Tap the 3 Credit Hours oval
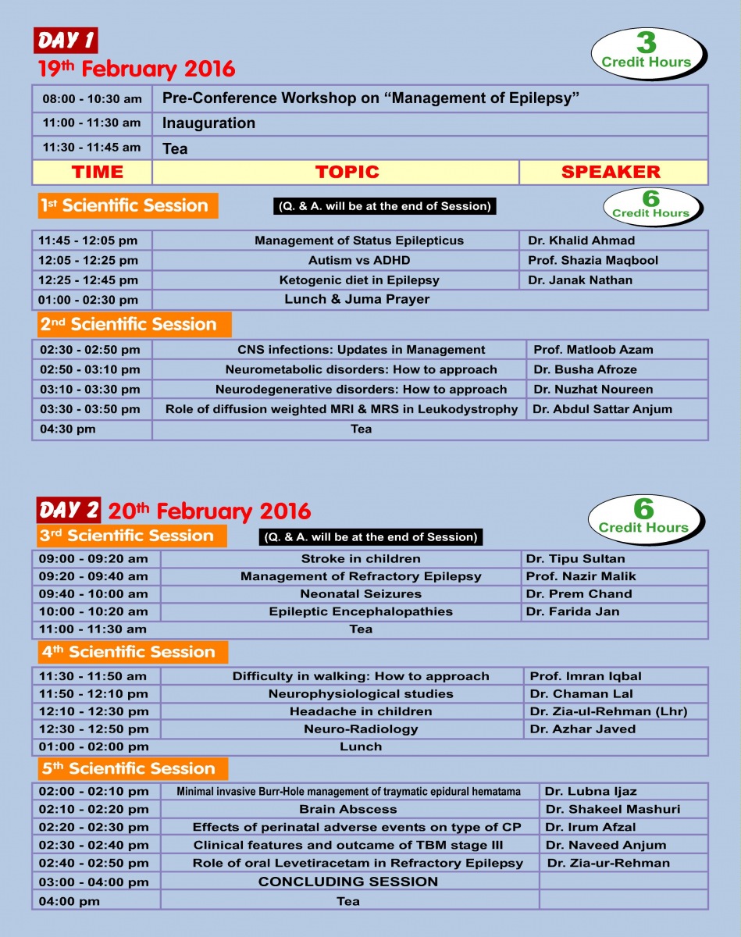click(x=647, y=52)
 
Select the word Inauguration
click(x=208, y=123)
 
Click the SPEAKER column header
click(x=611, y=172)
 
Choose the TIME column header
click(x=97, y=172)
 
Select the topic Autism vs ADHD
click(x=358, y=260)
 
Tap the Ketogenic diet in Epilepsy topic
click(x=359, y=280)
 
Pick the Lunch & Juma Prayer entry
click(x=357, y=299)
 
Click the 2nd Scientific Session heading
click(x=128, y=324)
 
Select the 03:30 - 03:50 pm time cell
click(x=91, y=409)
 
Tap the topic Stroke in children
click(x=361, y=558)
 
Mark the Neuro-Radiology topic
click(x=361, y=729)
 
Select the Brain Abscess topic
click(x=348, y=809)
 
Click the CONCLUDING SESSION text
click(x=348, y=882)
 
